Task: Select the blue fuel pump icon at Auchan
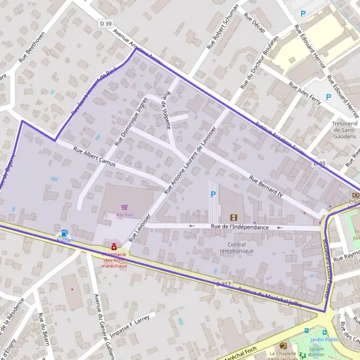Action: tap(64, 233)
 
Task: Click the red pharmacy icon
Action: tap(113, 246)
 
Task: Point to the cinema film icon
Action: tap(233, 217)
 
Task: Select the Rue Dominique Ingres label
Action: tap(130, 121)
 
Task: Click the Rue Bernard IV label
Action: tap(266, 186)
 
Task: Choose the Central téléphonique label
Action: tap(236, 248)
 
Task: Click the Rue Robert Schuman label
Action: tap(223, 26)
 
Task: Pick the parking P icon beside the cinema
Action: tap(213, 194)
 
